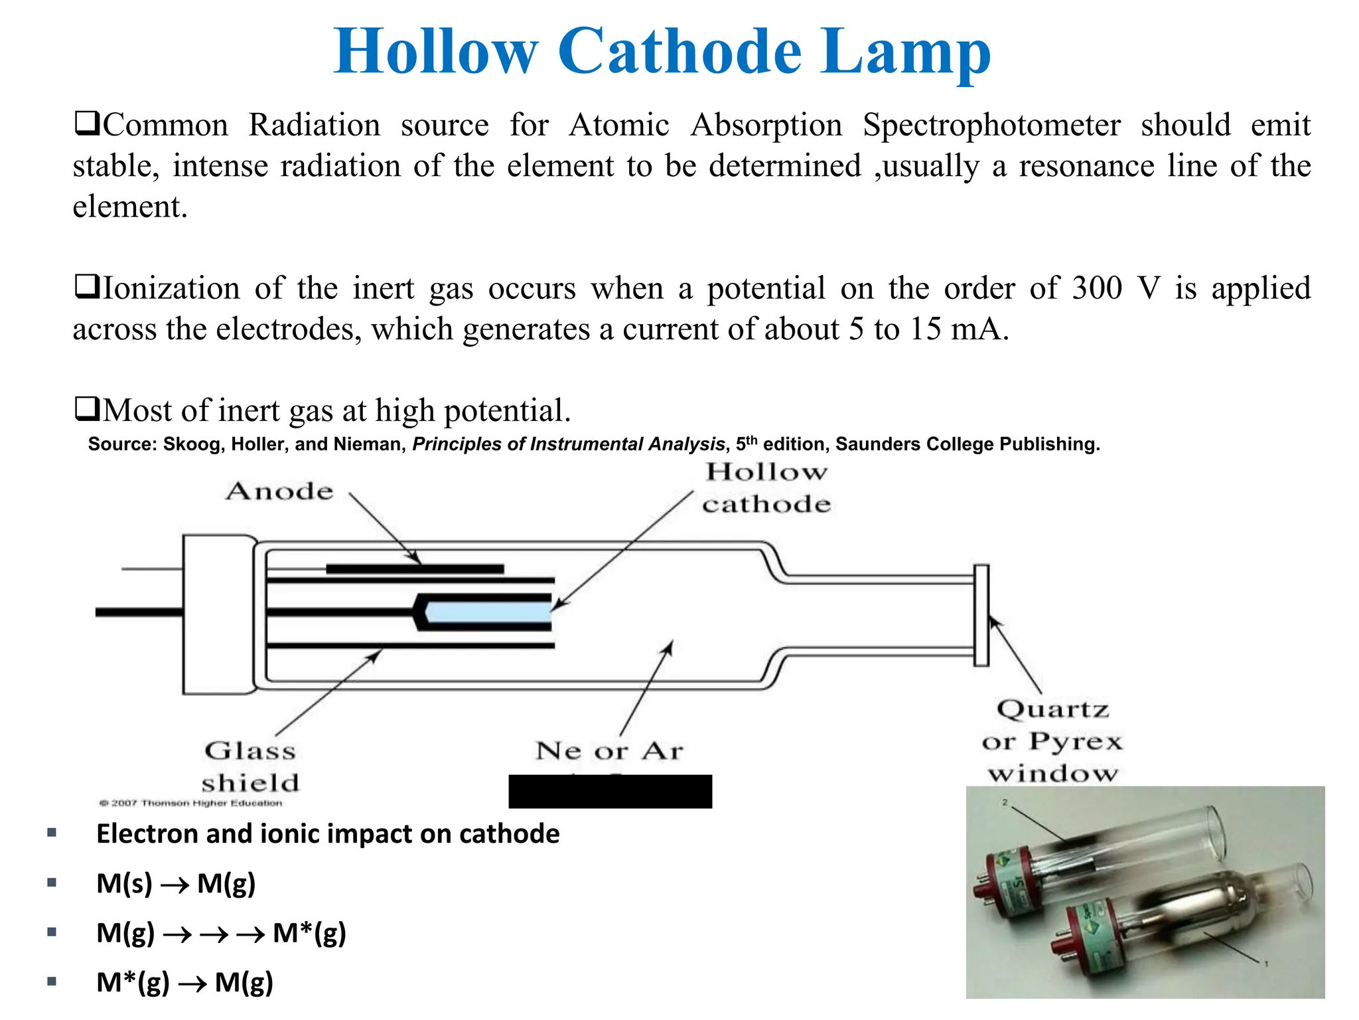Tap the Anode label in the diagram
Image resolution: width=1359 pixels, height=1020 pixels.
tap(279, 491)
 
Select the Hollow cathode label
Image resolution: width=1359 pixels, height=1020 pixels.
tap(766, 488)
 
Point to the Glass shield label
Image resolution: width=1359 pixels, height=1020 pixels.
tap(250, 767)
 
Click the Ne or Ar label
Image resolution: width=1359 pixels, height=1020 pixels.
tap(609, 751)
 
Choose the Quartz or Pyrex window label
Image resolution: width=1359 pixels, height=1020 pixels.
tap(1052, 741)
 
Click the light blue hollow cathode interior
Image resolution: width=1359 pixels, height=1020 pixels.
tap(488, 612)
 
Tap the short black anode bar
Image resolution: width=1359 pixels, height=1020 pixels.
tap(415, 569)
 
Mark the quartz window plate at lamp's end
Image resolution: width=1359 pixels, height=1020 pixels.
tap(981, 615)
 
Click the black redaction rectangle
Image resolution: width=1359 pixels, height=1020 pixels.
tap(610, 792)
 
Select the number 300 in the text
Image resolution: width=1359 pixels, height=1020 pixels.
tap(1097, 288)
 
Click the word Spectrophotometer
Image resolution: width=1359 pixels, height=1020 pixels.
tap(991, 126)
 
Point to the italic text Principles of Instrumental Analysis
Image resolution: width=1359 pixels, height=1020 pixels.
tap(569, 444)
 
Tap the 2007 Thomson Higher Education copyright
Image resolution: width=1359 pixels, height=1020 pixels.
tap(191, 804)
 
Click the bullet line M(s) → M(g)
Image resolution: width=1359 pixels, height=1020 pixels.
tap(176, 884)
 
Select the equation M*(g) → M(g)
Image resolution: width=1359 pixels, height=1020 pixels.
tap(184, 983)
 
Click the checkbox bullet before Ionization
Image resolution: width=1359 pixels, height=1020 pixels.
tap(86, 288)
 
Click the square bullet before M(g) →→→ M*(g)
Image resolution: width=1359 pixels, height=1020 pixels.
tap(52, 932)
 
